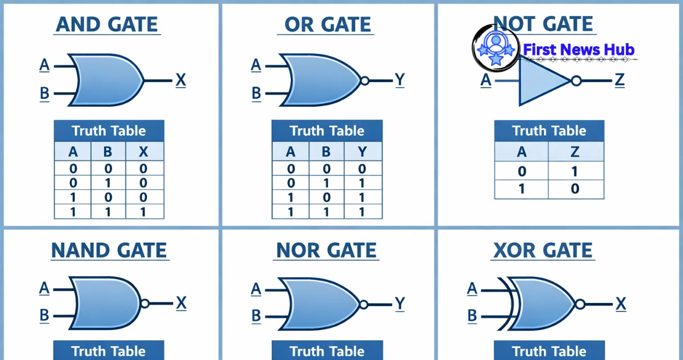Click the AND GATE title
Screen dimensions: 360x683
pyautogui.click(x=107, y=25)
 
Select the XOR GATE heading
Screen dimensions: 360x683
pyautogui.click(x=543, y=250)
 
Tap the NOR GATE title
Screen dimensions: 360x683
pyautogui.click(x=327, y=250)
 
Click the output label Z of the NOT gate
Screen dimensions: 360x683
pyautogui.click(x=620, y=80)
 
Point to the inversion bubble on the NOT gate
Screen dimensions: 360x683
pyautogui.click(x=576, y=81)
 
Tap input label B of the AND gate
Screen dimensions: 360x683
pyautogui.click(x=44, y=94)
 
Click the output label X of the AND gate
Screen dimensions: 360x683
pyautogui.click(x=181, y=81)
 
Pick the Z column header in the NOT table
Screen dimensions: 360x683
pyautogui.click(x=575, y=152)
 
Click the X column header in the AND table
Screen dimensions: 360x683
pyautogui.click(x=144, y=152)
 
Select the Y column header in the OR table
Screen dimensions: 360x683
pyautogui.click(x=363, y=152)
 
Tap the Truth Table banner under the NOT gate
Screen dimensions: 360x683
pyautogui.click(x=549, y=131)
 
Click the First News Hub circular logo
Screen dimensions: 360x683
pyautogui.click(x=496, y=49)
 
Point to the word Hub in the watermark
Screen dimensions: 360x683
pyautogui.click(x=618, y=50)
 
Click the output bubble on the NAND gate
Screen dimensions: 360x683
pyautogui.click(x=145, y=303)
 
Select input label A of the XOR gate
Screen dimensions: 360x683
pyautogui.click(x=472, y=289)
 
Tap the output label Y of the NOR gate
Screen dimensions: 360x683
pyautogui.click(x=400, y=304)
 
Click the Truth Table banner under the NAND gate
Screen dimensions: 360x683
pyautogui.click(x=109, y=351)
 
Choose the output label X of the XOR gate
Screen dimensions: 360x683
pyautogui.click(x=621, y=304)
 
